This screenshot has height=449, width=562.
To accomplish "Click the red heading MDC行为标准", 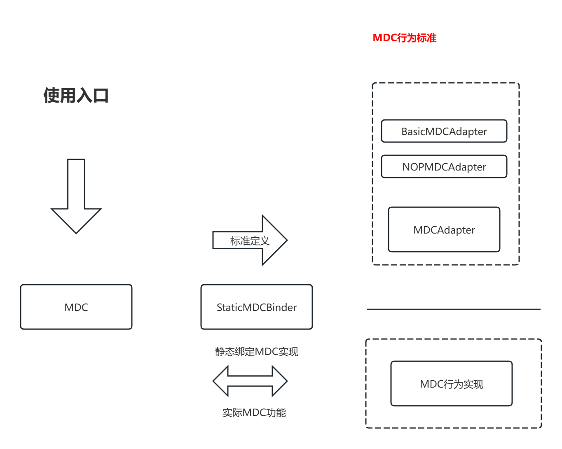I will [404, 38].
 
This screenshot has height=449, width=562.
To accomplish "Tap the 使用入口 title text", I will [76, 96].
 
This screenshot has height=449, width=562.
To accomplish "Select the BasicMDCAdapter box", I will [444, 131].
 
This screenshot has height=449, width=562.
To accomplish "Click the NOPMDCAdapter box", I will [444, 167].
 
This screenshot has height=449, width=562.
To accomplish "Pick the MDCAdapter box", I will [444, 229].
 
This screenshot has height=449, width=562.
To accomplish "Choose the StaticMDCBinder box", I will [256, 307].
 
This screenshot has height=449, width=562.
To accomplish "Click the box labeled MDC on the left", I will [76, 307].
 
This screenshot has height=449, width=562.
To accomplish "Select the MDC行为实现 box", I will [451, 384].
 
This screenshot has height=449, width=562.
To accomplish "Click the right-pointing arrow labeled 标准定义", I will [249, 240].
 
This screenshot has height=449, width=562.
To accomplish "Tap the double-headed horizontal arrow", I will [250, 381].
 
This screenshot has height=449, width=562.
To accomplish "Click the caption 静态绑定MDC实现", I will [256, 352].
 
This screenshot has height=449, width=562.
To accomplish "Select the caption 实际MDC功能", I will [254, 413].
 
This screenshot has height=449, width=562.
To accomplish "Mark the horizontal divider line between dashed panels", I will [453, 309].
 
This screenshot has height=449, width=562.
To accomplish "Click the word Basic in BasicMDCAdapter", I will [412, 131].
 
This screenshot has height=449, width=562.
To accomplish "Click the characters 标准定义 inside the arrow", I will [250, 241].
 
